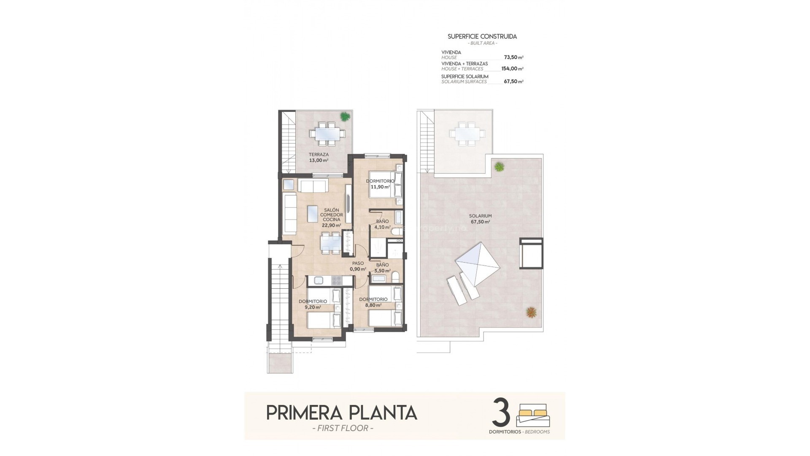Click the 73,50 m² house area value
[x=513, y=57]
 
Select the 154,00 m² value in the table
[x=512, y=68]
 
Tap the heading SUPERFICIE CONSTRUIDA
[x=482, y=36]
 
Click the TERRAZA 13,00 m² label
[x=319, y=157]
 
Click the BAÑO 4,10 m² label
[x=382, y=224]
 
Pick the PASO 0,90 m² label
[x=358, y=266]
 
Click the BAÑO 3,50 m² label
[x=382, y=268]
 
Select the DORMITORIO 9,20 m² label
[x=313, y=304]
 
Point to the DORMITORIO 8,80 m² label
[x=373, y=302]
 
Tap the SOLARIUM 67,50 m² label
[x=480, y=218]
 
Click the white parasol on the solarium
[x=478, y=264]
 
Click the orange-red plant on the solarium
[x=531, y=312]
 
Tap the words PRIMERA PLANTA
[x=342, y=413]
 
